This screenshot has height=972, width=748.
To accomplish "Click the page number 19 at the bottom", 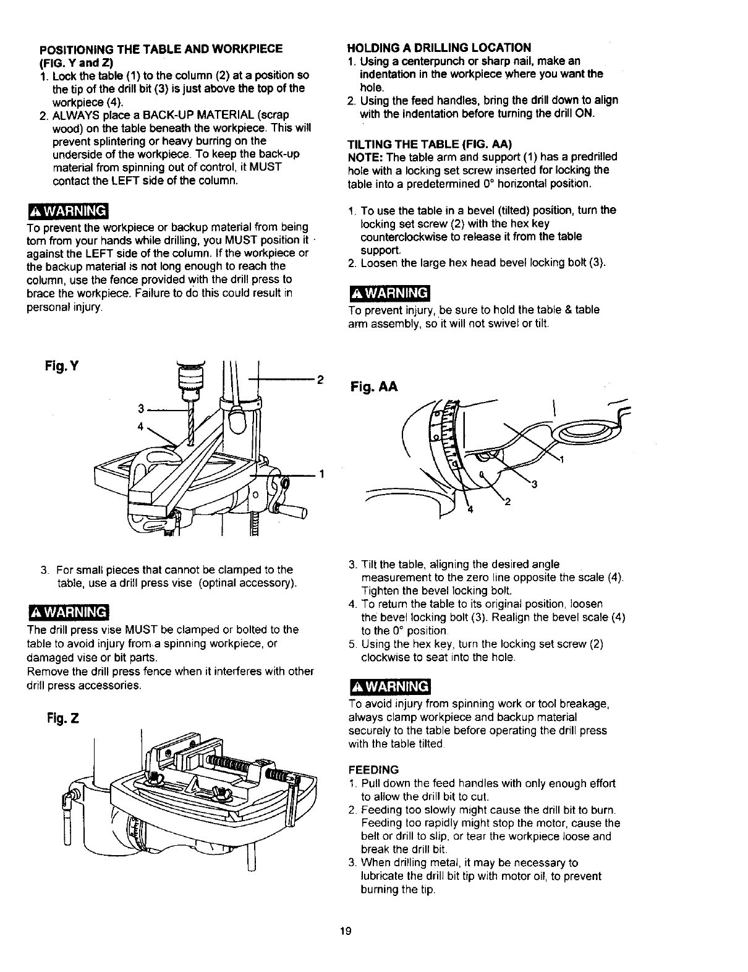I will (346, 932).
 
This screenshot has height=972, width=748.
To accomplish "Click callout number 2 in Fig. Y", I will (320, 380).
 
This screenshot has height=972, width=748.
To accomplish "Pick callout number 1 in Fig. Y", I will (322, 474).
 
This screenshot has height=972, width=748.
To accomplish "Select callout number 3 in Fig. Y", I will (142, 409).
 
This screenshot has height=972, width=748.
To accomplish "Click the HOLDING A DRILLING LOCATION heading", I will (440, 48).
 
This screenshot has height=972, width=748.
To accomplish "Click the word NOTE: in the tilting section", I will (365, 157).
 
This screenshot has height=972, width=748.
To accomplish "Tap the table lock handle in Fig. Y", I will (294, 511).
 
